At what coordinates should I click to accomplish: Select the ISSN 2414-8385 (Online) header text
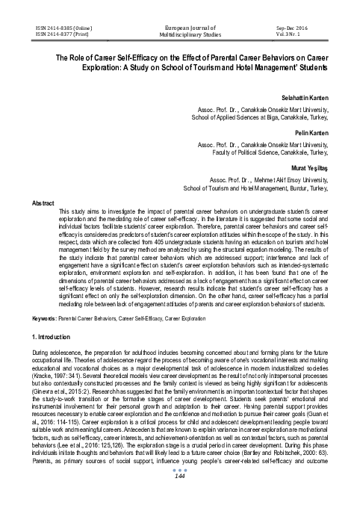(x=58, y=26)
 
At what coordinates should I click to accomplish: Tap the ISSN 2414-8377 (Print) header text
(x=56, y=34)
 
